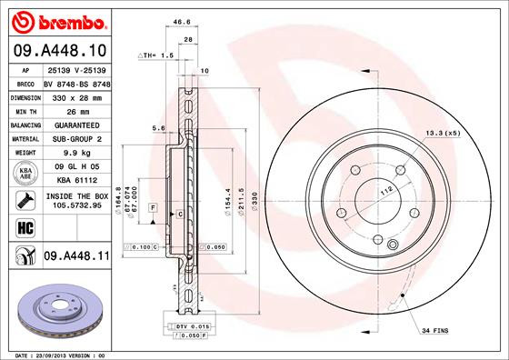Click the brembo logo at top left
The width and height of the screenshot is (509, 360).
(55, 20)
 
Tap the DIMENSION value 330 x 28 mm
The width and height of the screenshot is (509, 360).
(75, 95)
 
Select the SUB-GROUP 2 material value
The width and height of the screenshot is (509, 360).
(75, 138)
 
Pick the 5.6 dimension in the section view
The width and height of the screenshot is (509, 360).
(157, 128)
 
